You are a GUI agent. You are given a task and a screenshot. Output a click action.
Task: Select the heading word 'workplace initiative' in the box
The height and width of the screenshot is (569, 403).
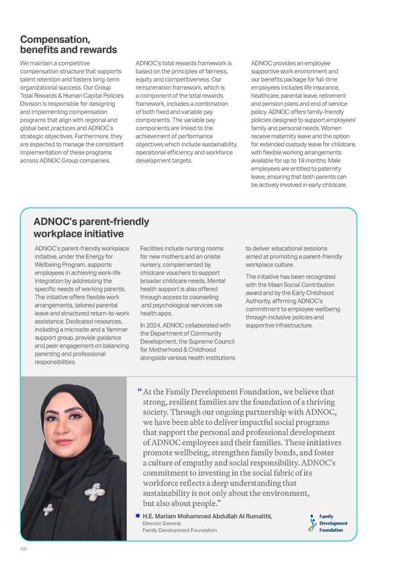(79, 234)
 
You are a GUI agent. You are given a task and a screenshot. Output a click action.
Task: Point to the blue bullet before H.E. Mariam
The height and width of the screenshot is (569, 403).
(137, 516)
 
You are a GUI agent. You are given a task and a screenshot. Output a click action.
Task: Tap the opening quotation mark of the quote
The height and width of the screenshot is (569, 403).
(138, 391)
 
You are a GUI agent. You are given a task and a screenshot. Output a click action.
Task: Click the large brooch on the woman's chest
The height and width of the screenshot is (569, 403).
(95, 493)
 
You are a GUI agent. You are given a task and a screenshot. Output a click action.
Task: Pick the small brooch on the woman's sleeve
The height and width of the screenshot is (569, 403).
(48, 511)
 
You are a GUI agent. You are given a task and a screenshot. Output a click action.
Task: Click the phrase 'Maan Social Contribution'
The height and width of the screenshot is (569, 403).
(298, 285)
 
